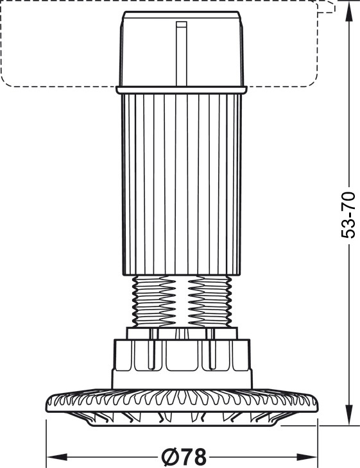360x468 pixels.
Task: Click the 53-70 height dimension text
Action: tap(348, 215)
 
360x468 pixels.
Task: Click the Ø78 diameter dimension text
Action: tap(184, 456)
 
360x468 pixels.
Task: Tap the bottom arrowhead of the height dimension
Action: tap(348, 414)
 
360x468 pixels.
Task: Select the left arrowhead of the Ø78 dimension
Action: tap(56, 456)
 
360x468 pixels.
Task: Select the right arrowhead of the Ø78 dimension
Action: tap(307, 456)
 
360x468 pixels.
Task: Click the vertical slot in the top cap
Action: tap(182, 54)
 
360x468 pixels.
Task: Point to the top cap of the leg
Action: tap(182, 49)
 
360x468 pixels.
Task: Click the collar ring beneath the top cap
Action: tap(182, 90)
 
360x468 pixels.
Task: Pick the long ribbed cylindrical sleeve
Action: tap(182, 185)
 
